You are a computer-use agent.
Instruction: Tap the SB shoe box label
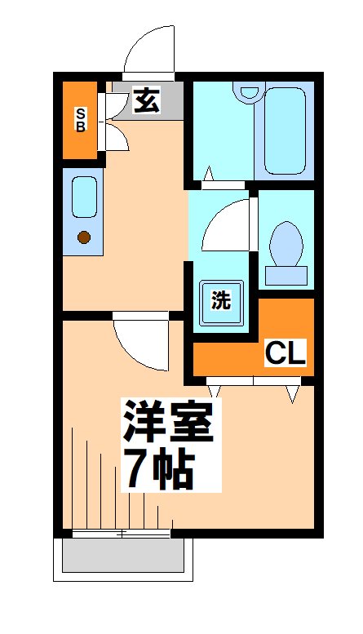coord(81,120)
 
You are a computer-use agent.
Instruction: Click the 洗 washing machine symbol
coord(221,299)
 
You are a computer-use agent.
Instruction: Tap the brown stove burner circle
coord(83,237)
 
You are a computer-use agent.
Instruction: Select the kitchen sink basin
coord(83,197)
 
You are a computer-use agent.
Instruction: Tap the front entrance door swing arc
coord(148,51)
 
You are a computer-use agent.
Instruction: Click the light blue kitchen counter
coord(83,212)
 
